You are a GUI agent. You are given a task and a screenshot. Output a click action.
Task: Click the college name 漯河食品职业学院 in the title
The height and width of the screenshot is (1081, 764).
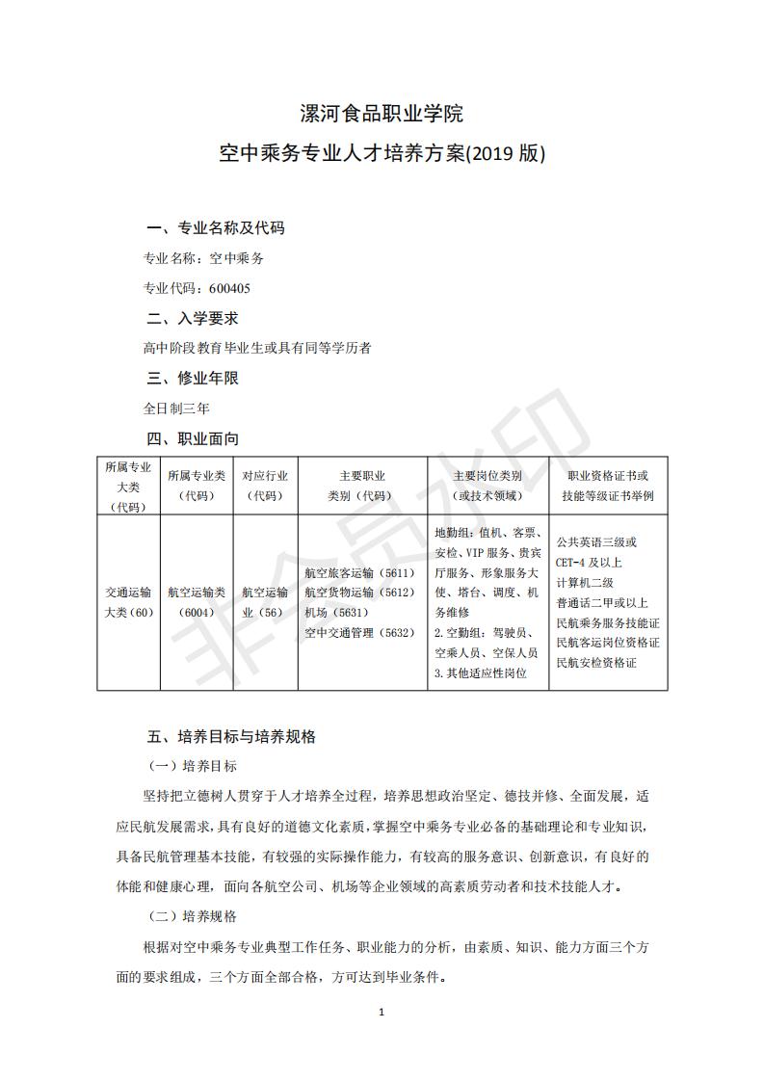tap(382, 115)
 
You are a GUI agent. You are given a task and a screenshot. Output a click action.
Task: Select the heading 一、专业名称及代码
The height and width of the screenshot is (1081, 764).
tap(215, 228)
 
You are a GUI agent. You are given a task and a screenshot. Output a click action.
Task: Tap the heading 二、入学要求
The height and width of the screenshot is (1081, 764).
tap(192, 318)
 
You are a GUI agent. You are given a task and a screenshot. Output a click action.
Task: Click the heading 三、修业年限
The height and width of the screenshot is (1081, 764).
tap(192, 378)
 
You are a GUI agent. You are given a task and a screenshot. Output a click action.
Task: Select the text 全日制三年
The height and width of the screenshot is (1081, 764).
tap(176, 408)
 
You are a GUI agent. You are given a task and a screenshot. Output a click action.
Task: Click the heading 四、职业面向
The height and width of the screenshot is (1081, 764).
tap(192, 438)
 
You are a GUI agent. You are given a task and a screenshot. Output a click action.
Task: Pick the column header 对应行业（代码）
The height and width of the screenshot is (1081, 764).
tap(264, 485)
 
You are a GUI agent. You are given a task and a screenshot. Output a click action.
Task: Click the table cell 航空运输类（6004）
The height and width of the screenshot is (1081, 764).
tap(196, 602)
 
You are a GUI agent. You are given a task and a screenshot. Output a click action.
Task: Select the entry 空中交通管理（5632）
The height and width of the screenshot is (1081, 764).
tap(358, 632)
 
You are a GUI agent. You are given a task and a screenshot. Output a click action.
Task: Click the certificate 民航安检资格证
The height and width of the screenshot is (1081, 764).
tap(596, 663)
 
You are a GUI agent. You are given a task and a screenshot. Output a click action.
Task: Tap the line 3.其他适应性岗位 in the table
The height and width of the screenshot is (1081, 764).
tap(481, 673)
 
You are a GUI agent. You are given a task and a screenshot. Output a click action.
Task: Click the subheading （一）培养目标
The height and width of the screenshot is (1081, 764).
tap(192, 766)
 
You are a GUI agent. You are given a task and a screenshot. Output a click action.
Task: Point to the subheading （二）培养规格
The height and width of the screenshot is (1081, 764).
tap(192, 915)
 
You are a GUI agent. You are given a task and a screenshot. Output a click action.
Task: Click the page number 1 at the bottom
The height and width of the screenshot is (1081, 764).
tap(382, 1012)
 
